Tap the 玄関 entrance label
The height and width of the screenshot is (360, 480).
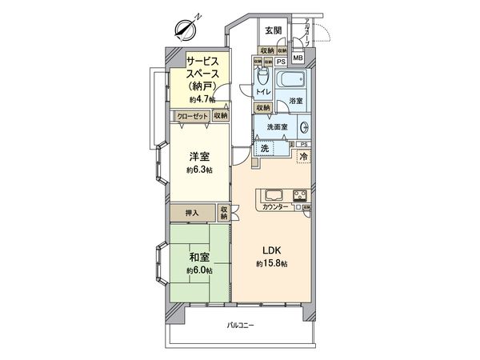[x=273, y=30]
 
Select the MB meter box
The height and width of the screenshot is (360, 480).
[x=297, y=58]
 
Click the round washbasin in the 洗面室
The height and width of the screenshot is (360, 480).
[x=304, y=127]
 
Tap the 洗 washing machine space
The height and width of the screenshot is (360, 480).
[x=264, y=148]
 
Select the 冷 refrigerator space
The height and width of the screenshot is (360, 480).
[x=303, y=158]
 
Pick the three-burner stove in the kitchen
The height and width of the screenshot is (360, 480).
[x=299, y=195]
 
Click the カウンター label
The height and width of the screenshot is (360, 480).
[x=275, y=209]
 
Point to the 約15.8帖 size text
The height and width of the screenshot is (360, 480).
[x=272, y=264]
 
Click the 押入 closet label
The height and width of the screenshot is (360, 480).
[x=192, y=213]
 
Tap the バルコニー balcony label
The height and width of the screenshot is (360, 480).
[x=240, y=325]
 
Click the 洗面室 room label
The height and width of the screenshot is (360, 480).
[x=277, y=127]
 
